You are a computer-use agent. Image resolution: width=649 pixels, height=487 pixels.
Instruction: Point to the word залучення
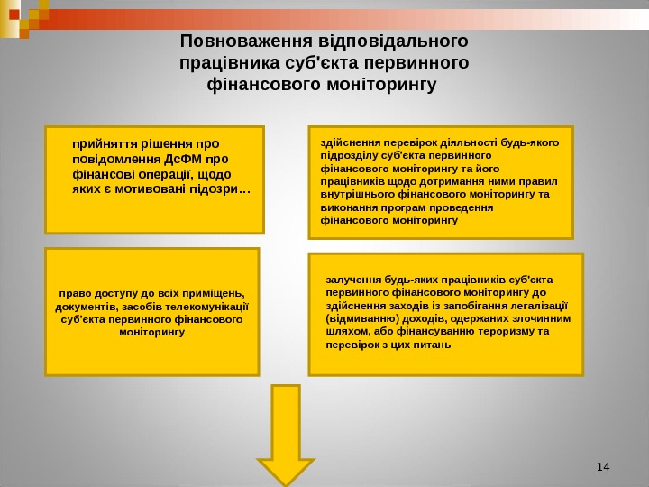[354, 279]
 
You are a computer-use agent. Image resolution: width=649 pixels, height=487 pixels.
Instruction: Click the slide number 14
[603, 466]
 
